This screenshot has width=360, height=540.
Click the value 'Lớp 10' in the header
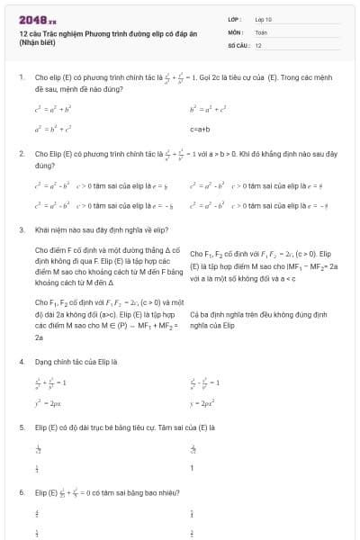[x=263, y=18]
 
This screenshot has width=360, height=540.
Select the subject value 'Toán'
[x=261, y=31]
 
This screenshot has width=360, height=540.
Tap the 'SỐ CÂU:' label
[x=238, y=44]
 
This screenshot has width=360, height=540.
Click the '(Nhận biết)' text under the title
[x=37, y=43]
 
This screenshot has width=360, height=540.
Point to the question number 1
[x=20, y=77]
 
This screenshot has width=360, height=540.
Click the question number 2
[x=20, y=154]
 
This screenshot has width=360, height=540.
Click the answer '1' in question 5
[x=192, y=468]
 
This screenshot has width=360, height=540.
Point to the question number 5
[x=20, y=427]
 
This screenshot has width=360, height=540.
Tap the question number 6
[x=20, y=493]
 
